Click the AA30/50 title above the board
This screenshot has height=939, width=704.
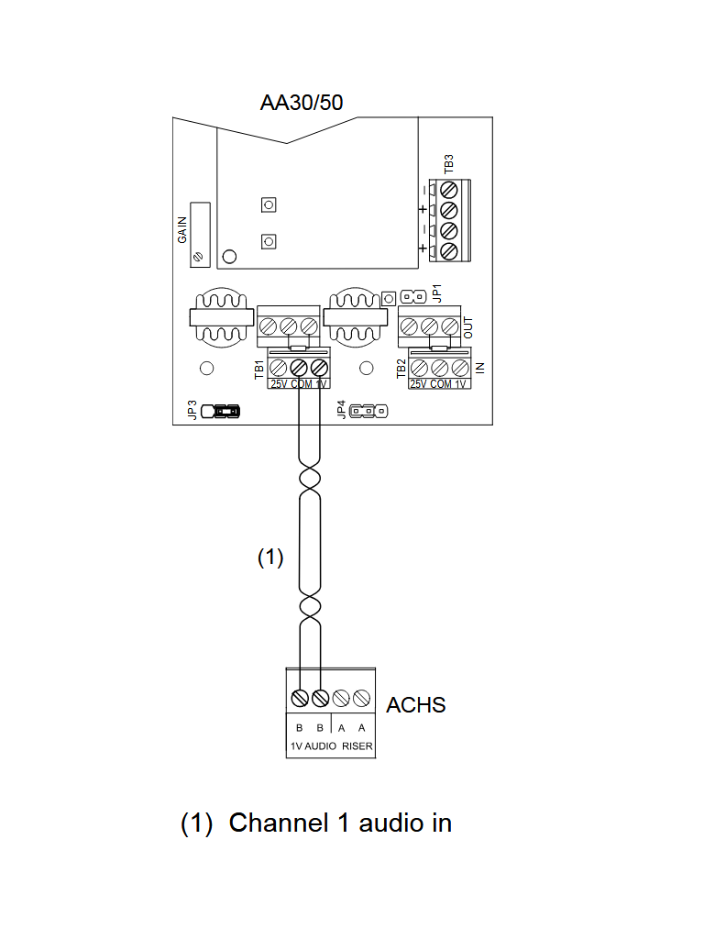click(302, 102)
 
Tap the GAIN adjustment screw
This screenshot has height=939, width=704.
click(199, 259)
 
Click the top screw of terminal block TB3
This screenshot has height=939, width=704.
click(449, 190)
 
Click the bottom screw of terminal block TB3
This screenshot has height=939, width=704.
click(449, 250)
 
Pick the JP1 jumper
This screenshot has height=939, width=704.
click(412, 296)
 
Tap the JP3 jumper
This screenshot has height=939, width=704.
click(225, 411)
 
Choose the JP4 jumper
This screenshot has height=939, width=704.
click(368, 411)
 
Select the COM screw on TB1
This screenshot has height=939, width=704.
click(299, 366)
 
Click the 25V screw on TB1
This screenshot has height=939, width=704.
click(279, 366)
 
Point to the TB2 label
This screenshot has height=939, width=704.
click(401, 370)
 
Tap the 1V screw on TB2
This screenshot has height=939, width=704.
click(460, 366)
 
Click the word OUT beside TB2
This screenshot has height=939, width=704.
click(467, 326)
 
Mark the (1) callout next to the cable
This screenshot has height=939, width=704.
click(270, 558)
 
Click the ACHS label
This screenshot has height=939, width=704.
click(416, 705)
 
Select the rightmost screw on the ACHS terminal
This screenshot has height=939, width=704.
click(362, 698)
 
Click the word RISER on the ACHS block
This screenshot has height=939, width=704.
click(357, 746)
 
